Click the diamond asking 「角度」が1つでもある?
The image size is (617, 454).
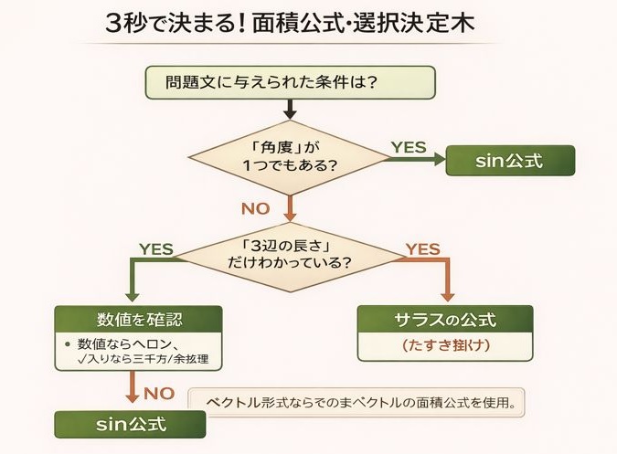click(291, 157)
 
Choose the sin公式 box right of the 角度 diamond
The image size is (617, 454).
click(510, 161)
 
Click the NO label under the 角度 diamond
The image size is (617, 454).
click(255, 208)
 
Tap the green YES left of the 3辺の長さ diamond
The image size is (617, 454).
click(156, 248)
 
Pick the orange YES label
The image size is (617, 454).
click(422, 248)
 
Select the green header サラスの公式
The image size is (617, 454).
click(445, 320)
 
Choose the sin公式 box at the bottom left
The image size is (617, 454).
click(127, 425)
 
